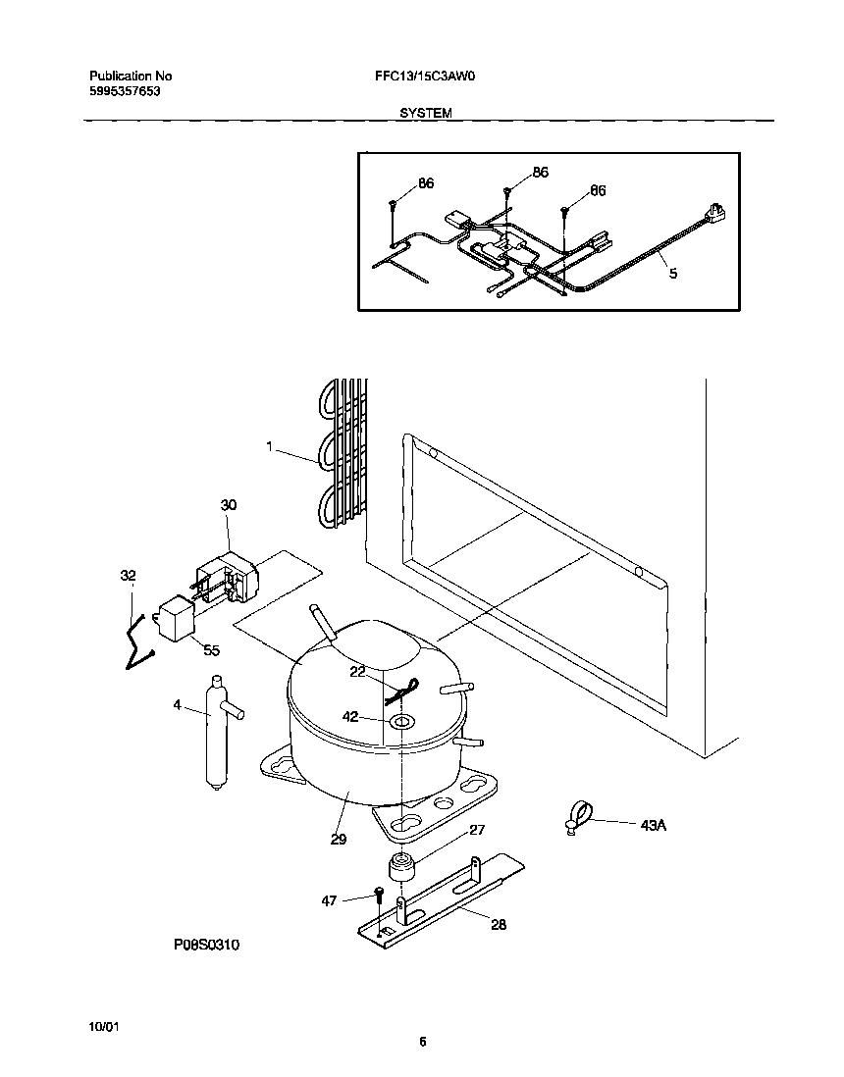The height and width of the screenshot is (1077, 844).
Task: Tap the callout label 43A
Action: coord(654,826)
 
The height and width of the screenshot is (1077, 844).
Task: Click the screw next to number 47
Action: coord(378,896)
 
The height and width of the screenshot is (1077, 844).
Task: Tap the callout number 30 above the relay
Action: coord(228,505)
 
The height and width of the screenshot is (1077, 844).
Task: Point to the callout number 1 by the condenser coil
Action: coord(268,446)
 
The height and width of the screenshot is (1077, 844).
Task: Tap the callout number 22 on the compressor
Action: coord(357,671)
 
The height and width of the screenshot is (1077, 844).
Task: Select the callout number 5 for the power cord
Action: coord(673,274)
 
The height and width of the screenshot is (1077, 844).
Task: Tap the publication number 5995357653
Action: coord(125,90)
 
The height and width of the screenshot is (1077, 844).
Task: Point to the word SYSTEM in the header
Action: coord(425,113)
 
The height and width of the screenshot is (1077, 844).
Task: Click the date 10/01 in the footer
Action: coord(103,1025)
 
